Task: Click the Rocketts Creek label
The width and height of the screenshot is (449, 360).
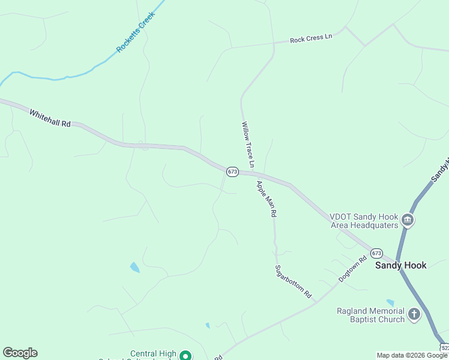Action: [136, 31]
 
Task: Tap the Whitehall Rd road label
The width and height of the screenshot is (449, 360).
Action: [50, 118]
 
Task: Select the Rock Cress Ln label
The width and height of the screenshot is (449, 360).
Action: [310, 39]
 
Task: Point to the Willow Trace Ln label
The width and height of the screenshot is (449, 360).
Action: [248, 145]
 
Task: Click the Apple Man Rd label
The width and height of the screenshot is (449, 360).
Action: [266, 199]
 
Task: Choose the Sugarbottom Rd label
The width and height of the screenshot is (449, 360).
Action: [294, 282]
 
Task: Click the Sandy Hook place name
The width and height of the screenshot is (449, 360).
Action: [401, 265]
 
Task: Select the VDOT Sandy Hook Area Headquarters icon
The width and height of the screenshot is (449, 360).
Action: [408, 220]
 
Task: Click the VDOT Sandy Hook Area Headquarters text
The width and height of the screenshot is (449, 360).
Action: [364, 221]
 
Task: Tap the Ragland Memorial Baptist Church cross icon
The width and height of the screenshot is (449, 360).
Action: [414, 314]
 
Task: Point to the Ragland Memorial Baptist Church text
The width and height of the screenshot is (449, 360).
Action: [370, 315]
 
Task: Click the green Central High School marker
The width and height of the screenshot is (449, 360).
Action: [186, 356]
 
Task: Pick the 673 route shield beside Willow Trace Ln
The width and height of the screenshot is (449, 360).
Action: [233, 172]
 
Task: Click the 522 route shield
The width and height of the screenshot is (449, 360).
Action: [445, 348]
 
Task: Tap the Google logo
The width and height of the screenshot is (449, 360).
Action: [20, 353]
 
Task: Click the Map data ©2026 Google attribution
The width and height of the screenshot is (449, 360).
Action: [412, 355]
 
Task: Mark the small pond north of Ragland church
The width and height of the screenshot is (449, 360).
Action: [391, 303]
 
